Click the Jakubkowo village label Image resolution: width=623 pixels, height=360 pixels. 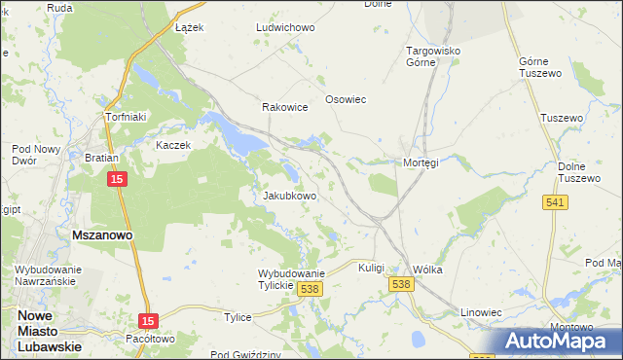pos(290,196)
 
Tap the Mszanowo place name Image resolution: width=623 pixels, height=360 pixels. pos(102,234)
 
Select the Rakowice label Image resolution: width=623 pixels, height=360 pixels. pos(284,108)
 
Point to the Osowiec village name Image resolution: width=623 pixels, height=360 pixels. pos(345,108)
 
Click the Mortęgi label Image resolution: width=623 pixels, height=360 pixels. pos(421,162)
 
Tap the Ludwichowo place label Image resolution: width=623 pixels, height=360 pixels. pos(285,28)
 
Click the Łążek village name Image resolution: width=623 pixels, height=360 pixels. pos(189,28)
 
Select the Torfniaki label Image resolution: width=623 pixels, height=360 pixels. pos(126,118)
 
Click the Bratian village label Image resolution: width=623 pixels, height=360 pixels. pos(101,157)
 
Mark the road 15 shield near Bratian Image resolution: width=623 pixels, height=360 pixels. pos(117,180)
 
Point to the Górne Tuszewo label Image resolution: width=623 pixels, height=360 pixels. pos(542,66)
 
